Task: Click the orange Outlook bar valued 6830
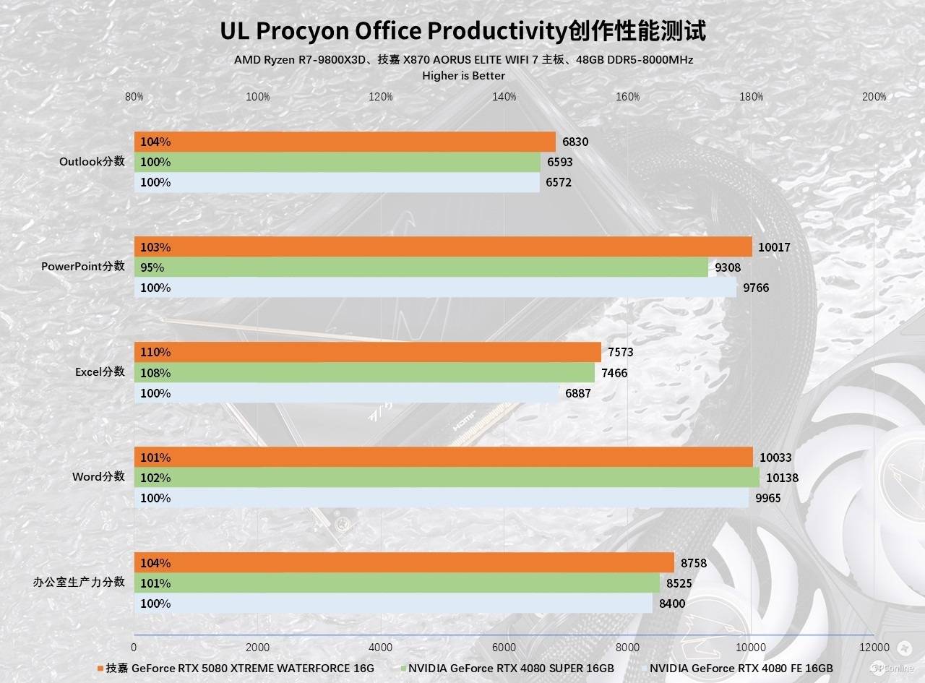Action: (345, 142)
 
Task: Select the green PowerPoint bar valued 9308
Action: (421, 267)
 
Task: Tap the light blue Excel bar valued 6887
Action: (347, 393)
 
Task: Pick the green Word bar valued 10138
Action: (447, 478)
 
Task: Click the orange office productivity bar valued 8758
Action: (404, 563)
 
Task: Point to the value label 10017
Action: (774, 247)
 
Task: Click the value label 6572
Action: (558, 183)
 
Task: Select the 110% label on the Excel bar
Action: (155, 353)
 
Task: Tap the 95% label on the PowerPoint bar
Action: (152, 267)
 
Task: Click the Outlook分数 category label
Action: (92, 162)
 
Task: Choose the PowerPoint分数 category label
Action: (82, 267)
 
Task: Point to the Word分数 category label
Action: (98, 477)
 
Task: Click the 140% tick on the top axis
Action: (504, 97)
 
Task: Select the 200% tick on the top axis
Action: (874, 97)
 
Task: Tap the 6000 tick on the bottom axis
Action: (504, 647)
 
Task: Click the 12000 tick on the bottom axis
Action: (874, 647)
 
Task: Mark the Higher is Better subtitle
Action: (463, 75)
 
